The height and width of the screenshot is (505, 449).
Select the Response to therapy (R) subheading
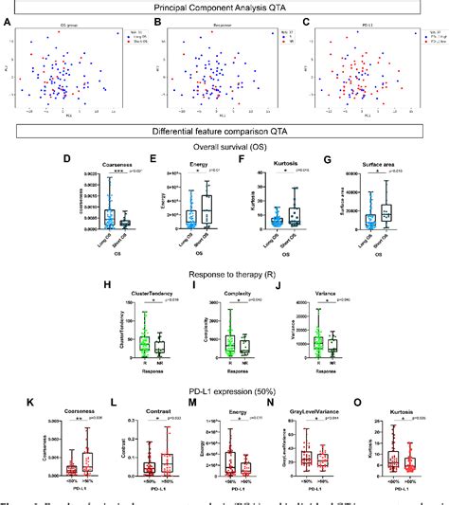coord(224,266)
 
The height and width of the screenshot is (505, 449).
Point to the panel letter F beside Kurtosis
coord(231,161)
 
